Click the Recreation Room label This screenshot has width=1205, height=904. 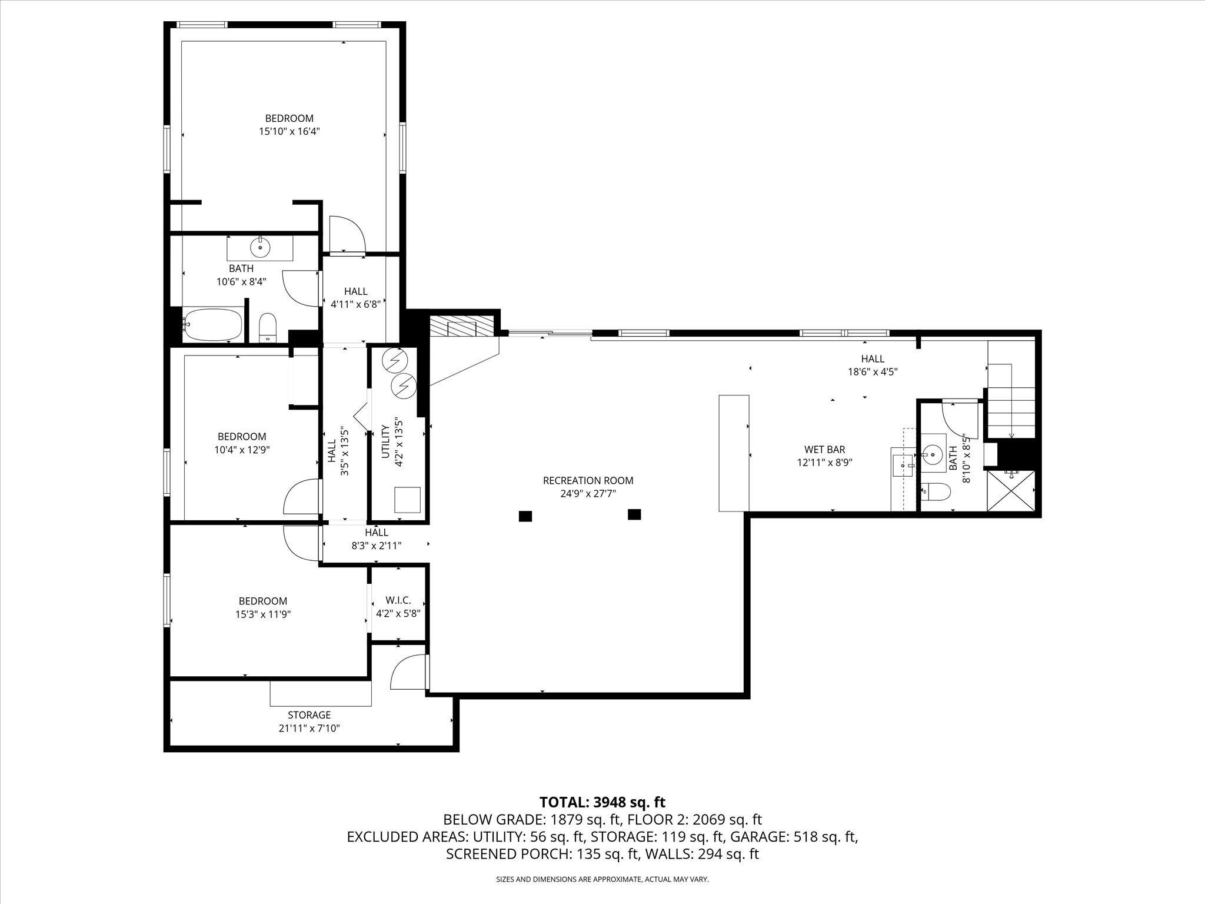click(x=588, y=480)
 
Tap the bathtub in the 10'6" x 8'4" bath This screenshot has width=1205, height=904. click(x=212, y=324)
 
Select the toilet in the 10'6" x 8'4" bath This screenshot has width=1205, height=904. click(x=268, y=327)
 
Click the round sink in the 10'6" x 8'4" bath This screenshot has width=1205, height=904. click(x=259, y=248)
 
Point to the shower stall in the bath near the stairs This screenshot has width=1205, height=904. click(x=1011, y=490)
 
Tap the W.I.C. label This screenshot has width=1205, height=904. click(x=398, y=600)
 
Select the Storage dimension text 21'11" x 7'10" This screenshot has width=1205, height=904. click(x=309, y=728)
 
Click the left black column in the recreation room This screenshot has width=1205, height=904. click(x=525, y=516)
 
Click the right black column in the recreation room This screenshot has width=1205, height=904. click(x=634, y=514)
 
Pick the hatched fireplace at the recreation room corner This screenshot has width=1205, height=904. click(x=460, y=327)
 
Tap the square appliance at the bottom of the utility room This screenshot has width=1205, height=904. click(x=407, y=500)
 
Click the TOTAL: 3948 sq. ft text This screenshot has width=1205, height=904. click(x=602, y=802)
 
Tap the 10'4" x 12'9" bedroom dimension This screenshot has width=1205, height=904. click(x=242, y=449)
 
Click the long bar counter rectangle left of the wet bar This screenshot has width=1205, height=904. click(x=734, y=453)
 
